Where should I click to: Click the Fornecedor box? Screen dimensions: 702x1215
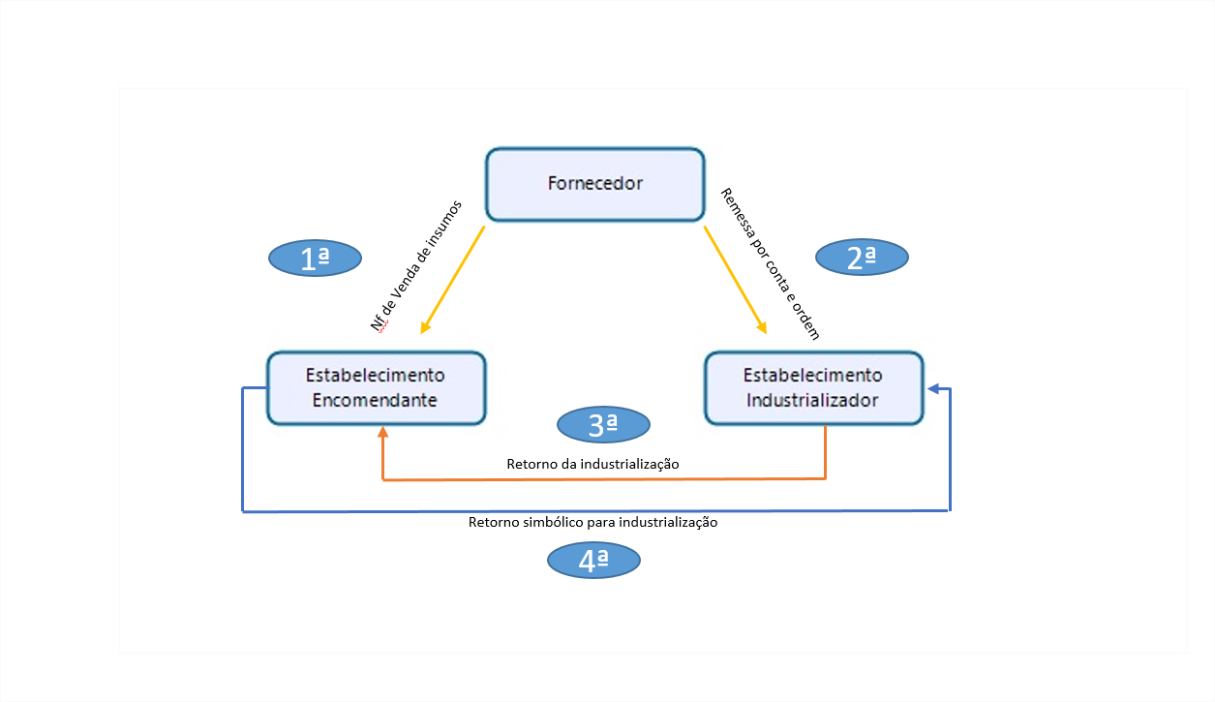click(x=594, y=184)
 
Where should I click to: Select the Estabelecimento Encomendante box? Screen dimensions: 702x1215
click(x=376, y=387)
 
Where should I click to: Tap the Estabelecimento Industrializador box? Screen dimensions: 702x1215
click(x=813, y=387)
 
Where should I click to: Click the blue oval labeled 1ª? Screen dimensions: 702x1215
click(x=315, y=258)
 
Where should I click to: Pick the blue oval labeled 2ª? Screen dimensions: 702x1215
click(x=862, y=258)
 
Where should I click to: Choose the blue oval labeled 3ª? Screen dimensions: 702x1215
click(x=604, y=423)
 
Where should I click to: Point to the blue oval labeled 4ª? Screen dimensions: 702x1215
click(x=593, y=560)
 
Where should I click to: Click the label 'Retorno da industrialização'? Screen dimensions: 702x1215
click(x=592, y=465)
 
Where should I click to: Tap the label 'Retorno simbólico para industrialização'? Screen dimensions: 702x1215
click(x=592, y=522)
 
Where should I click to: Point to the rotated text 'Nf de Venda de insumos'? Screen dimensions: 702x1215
click(x=416, y=266)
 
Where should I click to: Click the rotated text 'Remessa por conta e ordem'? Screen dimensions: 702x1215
click(x=771, y=263)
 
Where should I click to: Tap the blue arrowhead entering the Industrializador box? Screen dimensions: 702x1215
click(x=933, y=389)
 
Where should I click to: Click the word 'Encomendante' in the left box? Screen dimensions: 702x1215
click(x=376, y=400)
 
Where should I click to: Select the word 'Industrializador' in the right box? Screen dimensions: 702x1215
click(x=813, y=400)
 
